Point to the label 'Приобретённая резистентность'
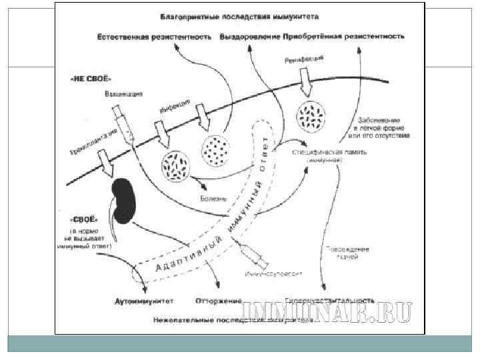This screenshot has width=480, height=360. coord(343,34)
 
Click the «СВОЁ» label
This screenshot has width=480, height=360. coord(84,219)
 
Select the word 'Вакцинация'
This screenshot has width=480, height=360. coord(123,94)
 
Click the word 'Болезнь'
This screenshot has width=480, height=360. coord(214,199)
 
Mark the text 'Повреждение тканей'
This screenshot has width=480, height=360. coord(346,253)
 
